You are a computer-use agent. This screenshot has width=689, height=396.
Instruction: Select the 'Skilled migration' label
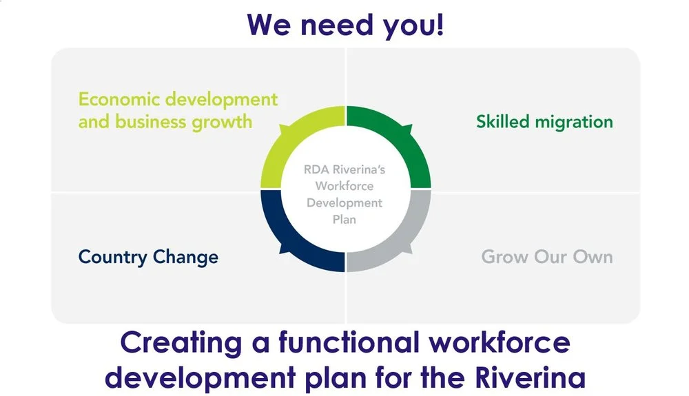point(544,122)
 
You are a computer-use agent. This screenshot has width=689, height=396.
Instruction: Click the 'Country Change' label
point(148,257)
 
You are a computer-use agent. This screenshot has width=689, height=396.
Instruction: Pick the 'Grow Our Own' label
point(546,257)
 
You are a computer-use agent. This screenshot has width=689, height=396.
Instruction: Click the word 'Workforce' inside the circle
point(344,186)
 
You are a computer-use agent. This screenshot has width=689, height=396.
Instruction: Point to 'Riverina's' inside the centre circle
point(360,169)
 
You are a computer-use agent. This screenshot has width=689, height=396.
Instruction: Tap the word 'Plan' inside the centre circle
point(344,220)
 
